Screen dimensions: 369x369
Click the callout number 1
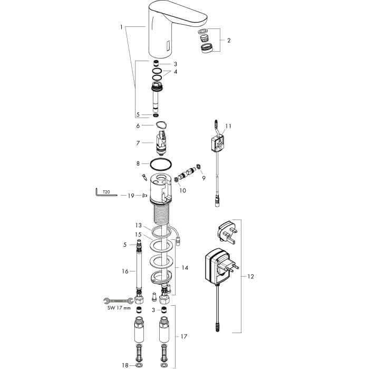click(x=121, y=27)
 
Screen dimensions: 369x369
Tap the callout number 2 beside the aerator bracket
click(x=229, y=40)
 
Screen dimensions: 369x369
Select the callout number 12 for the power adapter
click(x=251, y=276)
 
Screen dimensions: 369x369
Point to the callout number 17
click(x=184, y=336)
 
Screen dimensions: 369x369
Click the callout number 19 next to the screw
click(x=131, y=196)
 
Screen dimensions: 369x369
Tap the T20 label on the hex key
click(x=106, y=192)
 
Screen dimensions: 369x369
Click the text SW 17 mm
click(x=119, y=308)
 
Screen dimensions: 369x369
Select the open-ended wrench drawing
click(x=119, y=300)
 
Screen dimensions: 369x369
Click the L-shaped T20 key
click(x=105, y=194)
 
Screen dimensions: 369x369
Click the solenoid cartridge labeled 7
click(x=161, y=143)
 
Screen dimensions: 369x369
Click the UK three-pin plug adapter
click(x=227, y=233)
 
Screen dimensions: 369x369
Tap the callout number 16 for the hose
click(x=125, y=271)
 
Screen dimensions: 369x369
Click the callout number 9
click(x=203, y=178)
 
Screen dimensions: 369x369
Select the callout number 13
click(x=138, y=226)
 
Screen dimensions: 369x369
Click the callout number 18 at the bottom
click(x=125, y=365)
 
